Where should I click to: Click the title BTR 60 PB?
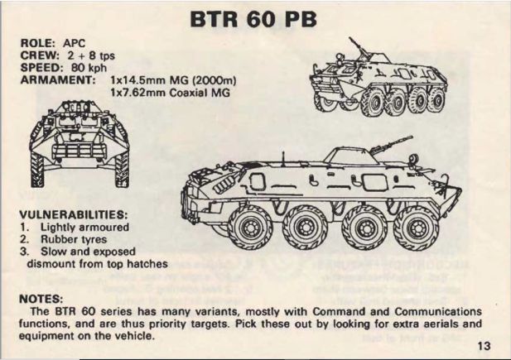coord(254,18)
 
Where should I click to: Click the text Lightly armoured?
coord(84,226)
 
